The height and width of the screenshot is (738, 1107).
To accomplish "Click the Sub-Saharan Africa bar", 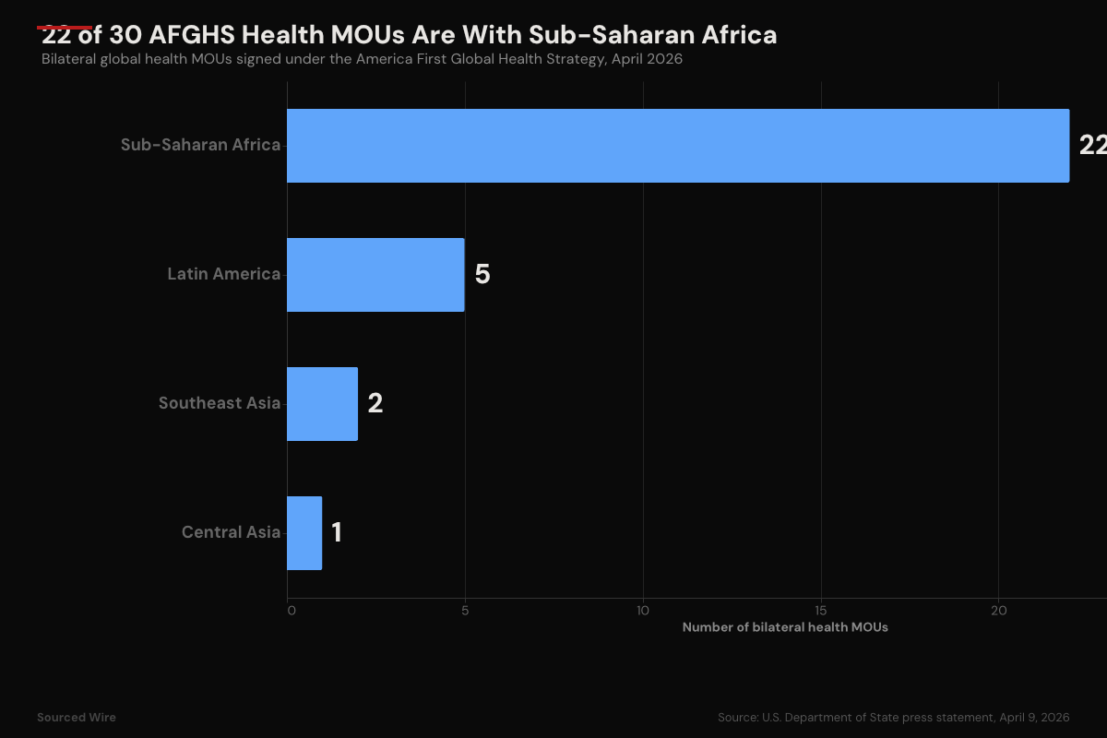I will [678, 146].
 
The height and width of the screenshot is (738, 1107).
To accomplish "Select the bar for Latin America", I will [375, 275].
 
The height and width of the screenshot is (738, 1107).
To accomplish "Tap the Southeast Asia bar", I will [322, 404].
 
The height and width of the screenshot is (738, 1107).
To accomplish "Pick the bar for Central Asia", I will [304, 533].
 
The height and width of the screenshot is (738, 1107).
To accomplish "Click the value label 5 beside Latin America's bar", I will [482, 275].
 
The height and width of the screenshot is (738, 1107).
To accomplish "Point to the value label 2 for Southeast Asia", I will [375, 404].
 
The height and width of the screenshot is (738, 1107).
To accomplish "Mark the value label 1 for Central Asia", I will [337, 533].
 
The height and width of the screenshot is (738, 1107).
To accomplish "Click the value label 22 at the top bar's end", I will [1092, 146].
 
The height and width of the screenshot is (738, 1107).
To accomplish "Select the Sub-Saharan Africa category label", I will [200, 146].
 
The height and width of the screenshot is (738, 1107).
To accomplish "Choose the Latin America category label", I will [223, 275].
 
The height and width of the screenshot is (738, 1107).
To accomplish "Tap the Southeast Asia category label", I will [219, 404].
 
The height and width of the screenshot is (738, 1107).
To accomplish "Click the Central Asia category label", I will [231, 533].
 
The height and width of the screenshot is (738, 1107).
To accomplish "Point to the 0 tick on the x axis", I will [291, 611].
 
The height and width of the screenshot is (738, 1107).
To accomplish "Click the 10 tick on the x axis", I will [643, 611].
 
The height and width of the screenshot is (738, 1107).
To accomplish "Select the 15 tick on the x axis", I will [821, 611].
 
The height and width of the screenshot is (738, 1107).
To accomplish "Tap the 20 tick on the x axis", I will [998, 611].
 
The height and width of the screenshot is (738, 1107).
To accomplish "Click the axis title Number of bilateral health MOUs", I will [785, 627].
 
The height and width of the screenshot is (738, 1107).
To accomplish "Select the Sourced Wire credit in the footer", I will [77, 718].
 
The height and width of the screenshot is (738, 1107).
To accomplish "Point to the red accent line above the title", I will [65, 27].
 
